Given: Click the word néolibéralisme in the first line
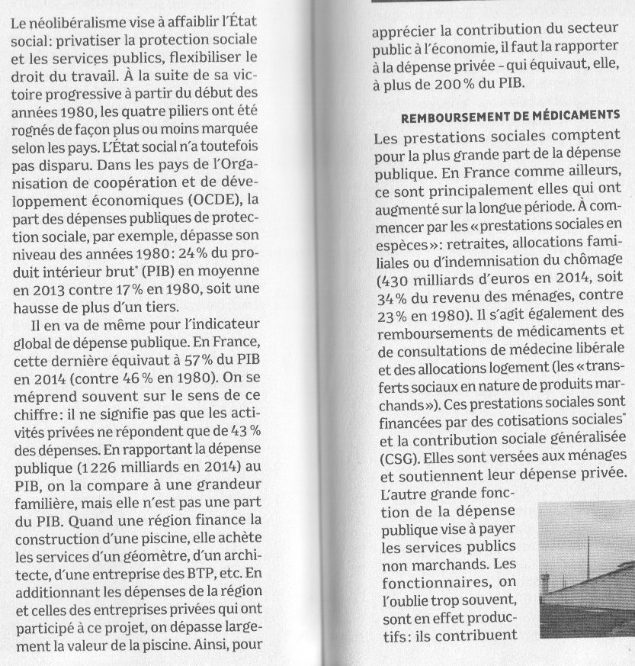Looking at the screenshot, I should tap(72, 24).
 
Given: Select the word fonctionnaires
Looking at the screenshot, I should tap(425, 584).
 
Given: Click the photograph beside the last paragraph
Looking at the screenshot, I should tap(588, 568).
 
